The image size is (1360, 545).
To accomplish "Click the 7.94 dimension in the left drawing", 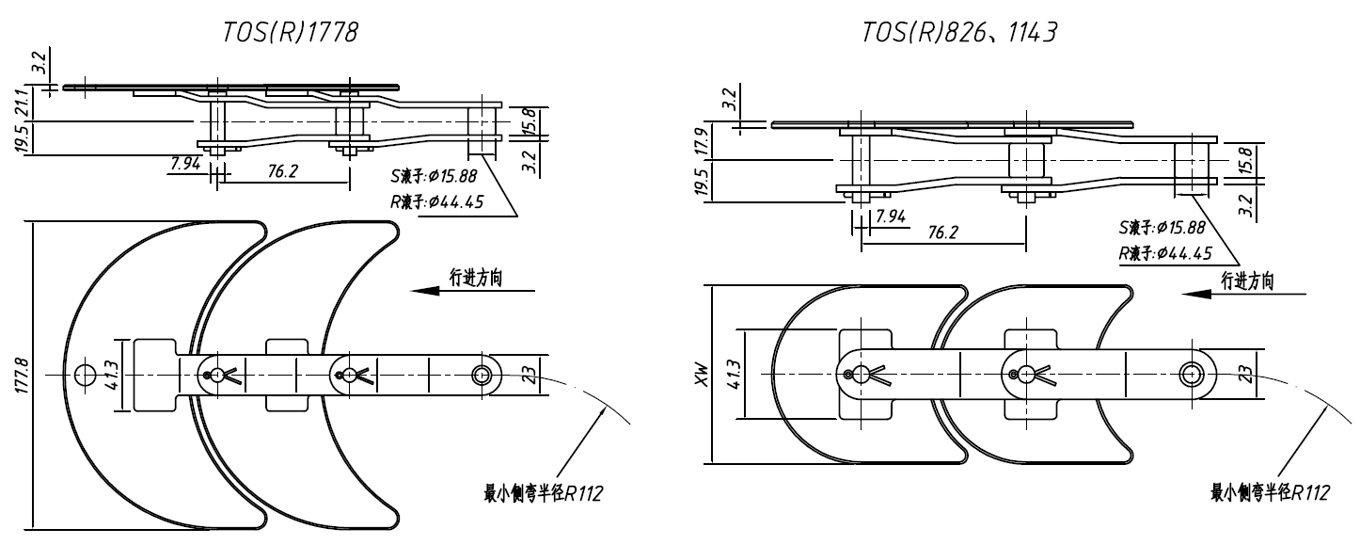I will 185,166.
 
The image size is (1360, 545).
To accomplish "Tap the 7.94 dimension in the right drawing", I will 890,217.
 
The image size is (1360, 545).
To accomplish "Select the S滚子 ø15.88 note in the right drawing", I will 1166,228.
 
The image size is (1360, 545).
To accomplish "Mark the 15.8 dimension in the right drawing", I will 1247,159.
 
